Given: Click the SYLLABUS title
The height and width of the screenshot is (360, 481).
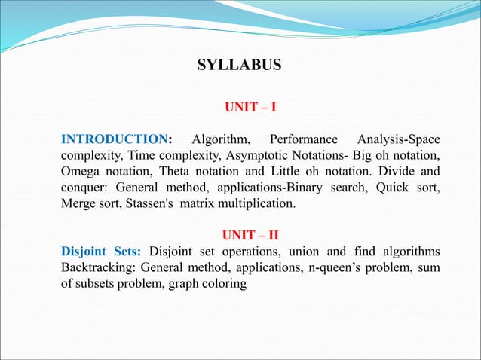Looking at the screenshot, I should [x=239, y=66].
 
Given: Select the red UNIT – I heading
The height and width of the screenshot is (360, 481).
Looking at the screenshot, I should [x=250, y=108].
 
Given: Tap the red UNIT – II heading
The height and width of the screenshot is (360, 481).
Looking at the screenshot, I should [x=250, y=236].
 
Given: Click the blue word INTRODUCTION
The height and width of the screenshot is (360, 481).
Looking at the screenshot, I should [x=114, y=139].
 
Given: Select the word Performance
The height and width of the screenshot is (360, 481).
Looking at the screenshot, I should [x=303, y=139].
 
